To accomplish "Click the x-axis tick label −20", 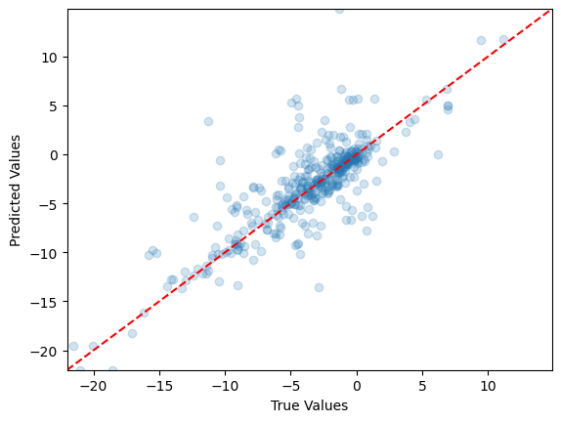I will tap(94, 385).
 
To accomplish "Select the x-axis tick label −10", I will tap(225, 385).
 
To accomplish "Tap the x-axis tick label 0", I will tap(357, 385).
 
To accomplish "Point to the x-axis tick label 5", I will tap(422, 385).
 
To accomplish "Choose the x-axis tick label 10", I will tap(488, 385).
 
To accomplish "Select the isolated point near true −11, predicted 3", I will tap(208, 121).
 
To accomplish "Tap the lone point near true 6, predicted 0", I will tap(438, 154).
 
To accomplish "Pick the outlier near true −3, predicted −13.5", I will tap(319, 287).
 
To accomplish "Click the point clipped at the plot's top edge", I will tap(339, 10).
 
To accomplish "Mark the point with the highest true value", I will tap(503, 40).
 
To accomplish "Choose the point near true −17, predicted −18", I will tap(132, 333).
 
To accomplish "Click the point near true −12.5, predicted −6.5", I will tap(194, 217).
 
